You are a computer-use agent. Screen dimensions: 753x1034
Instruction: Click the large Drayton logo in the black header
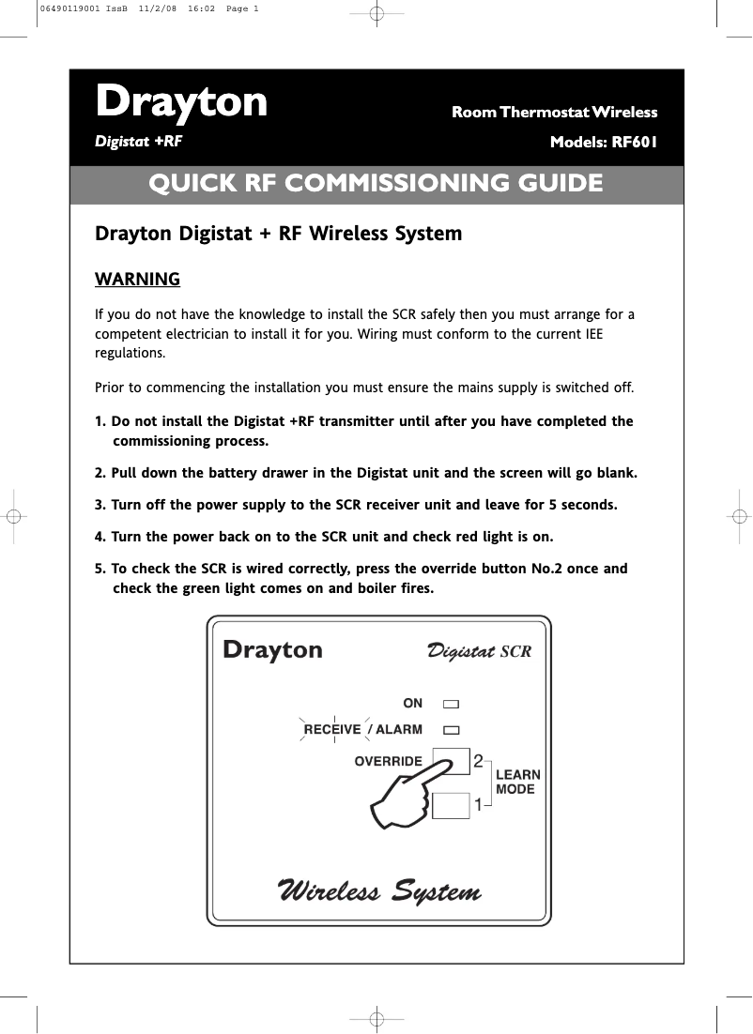181,102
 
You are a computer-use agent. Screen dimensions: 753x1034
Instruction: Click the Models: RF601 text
603,144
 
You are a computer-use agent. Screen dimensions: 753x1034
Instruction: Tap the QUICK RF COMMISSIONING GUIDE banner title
376,183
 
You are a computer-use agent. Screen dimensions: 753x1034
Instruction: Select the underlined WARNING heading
137,280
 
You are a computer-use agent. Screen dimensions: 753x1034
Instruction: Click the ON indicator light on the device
452,703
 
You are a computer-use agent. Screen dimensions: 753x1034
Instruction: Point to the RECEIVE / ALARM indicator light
452,729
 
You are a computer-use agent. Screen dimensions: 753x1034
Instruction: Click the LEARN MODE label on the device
517,782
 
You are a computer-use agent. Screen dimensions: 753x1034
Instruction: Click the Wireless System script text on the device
379,890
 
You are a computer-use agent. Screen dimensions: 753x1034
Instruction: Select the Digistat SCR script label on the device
479,651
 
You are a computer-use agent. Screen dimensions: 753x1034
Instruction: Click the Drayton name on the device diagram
272,650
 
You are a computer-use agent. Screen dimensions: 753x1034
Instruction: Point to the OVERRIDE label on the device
388,761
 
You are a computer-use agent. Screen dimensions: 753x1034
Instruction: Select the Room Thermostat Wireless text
554,113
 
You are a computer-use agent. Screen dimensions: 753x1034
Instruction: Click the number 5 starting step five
99,569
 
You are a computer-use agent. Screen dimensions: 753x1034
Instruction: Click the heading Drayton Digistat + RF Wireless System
279,233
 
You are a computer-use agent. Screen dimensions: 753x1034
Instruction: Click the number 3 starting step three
99,505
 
